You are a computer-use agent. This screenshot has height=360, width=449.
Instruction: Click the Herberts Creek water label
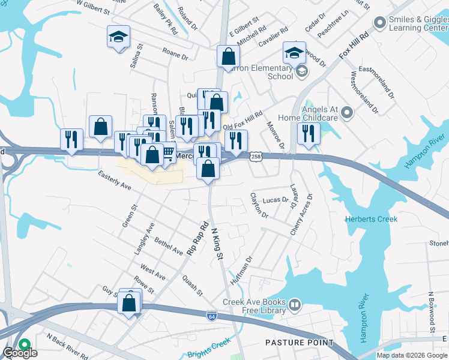pyautogui.click(x=371, y=219)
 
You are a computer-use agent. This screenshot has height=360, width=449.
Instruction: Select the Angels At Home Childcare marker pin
pyautogui.click(x=347, y=112)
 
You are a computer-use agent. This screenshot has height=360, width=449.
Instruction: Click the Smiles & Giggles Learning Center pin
pyautogui.click(x=379, y=23)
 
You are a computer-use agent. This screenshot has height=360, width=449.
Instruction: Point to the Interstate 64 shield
pyautogui.click(x=211, y=315)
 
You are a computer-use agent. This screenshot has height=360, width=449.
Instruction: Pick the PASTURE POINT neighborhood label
pyautogui.click(x=299, y=343)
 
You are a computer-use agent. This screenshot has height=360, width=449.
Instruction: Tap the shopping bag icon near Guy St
pyautogui.click(x=129, y=302)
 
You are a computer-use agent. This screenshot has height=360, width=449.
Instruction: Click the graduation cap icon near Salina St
pyautogui.click(x=118, y=38)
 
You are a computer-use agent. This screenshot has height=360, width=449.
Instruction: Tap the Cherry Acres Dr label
pyautogui.click(x=302, y=214)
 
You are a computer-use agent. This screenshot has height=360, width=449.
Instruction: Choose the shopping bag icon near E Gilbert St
pyautogui.click(x=228, y=57)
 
